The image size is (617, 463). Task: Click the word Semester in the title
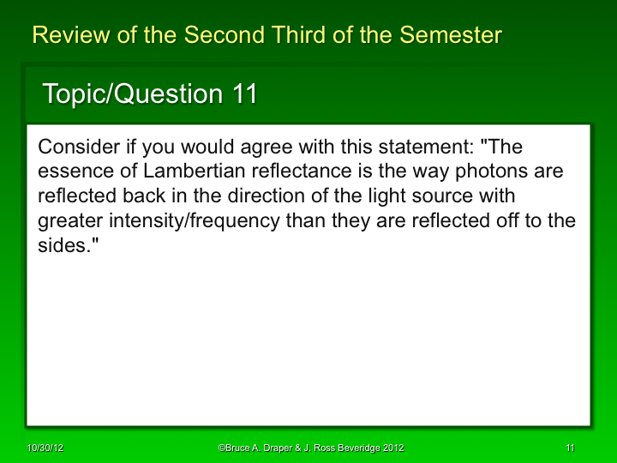[x=454, y=35]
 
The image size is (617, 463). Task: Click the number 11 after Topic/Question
[x=243, y=93]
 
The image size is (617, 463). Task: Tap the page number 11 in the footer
[x=570, y=448]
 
